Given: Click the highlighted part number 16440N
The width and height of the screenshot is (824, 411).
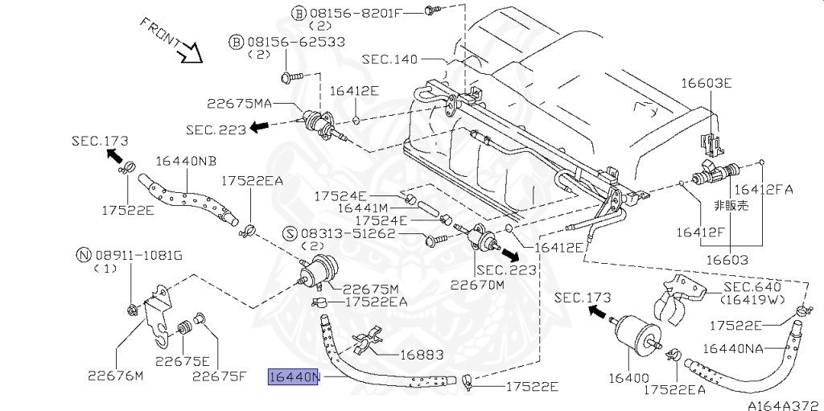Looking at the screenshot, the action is point(293,377).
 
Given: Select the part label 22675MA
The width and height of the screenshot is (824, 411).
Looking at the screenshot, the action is point(239,104).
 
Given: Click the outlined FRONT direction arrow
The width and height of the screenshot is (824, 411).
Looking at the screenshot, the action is point(190,52).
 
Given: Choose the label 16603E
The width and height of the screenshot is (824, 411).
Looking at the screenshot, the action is point(707,83).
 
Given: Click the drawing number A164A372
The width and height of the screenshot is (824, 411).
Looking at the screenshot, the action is point(785,405).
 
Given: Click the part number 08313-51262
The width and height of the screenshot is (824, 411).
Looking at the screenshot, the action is point(349,233).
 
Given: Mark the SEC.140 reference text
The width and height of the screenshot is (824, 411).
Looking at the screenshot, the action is point(389,59).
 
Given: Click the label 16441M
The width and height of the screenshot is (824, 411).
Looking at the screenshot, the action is point(362,208).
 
